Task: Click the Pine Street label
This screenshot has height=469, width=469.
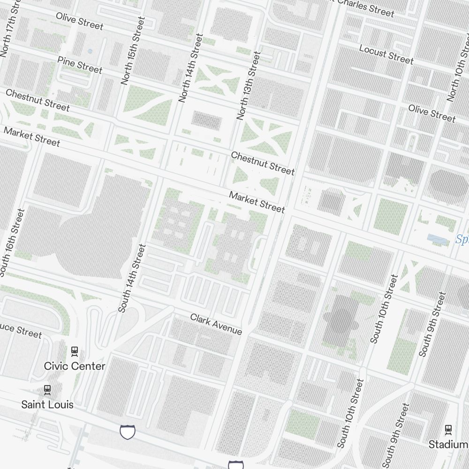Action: [79, 65]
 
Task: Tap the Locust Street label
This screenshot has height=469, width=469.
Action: [386, 54]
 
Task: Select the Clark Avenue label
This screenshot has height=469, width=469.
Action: [216, 325]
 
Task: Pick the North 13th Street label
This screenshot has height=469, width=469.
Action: [248, 85]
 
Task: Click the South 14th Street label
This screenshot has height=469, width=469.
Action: [129, 278]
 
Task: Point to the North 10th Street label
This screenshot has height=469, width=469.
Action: [459, 68]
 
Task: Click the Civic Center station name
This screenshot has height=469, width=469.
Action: [75, 366]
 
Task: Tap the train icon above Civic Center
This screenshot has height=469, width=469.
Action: [74, 350]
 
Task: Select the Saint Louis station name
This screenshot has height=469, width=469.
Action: [47, 404]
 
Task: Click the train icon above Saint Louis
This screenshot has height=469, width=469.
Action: [47, 389]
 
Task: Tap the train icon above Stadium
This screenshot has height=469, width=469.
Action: [448, 429]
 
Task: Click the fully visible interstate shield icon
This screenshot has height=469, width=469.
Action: [128, 431]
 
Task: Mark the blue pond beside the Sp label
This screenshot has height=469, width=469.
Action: [436, 239]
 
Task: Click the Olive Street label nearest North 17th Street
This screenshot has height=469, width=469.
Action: [79, 21]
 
